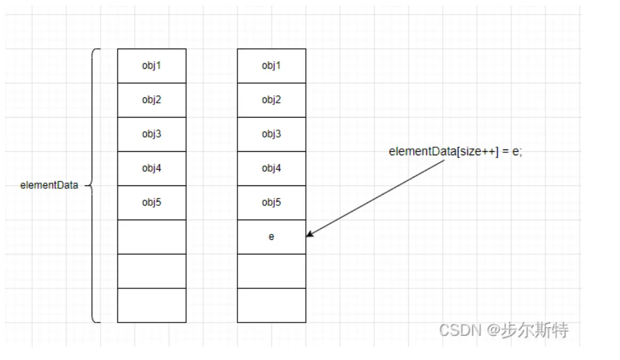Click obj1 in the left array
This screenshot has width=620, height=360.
[x=152, y=66]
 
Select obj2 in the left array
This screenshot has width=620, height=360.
[x=152, y=100]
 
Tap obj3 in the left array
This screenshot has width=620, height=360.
[x=152, y=134]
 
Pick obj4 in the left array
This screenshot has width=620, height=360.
[x=152, y=168]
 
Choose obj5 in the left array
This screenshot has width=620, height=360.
[x=152, y=203]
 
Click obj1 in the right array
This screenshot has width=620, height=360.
[x=271, y=66]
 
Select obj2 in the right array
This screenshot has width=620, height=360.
[x=271, y=100]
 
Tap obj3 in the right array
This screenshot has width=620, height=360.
[x=271, y=134]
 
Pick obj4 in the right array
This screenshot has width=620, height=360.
[x=271, y=168]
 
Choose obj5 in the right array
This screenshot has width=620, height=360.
[x=271, y=203]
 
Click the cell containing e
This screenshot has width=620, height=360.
[x=271, y=237]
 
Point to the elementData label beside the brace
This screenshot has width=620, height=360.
[x=49, y=185]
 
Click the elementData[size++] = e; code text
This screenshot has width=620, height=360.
[x=455, y=152]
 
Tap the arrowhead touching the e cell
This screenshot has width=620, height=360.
[x=309, y=234]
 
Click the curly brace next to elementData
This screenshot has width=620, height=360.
[x=95, y=185]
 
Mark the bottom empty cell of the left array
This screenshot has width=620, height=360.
[x=152, y=305]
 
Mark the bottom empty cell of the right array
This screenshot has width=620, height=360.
[x=271, y=305]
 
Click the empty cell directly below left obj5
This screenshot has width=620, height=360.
[x=152, y=237]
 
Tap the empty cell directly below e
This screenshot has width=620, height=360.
[x=271, y=271]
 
